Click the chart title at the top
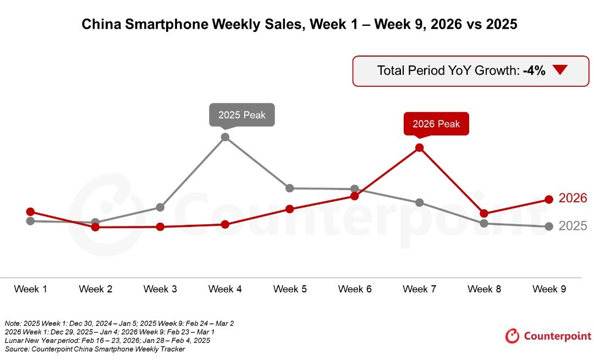click(x=299, y=25)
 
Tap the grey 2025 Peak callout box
click(x=241, y=115)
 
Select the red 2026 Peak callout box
click(x=436, y=124)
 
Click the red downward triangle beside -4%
click(x=560, y=70)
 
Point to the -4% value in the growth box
click(x=534, y=70)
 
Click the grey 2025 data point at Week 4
click(x=225, y=137)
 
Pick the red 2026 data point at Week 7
click(x=420, y=147)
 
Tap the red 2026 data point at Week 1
click(x=30, y=212)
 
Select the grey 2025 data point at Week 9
click(x=549, y=226)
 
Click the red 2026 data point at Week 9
click(x=549, y=199)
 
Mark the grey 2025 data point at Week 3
click(x=160, y=207)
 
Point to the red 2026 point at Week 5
click(x=290, y=209)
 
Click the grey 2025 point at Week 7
click(x=420, y=202)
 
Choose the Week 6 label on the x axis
click(x=355, y=289)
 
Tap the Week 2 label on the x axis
click(x=95, y=289)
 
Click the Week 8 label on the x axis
click(x=485, y=289)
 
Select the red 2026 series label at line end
click(x=573, y=198)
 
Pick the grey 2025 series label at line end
click(x=573, y=226)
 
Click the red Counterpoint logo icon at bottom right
click(x=512, y=335)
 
